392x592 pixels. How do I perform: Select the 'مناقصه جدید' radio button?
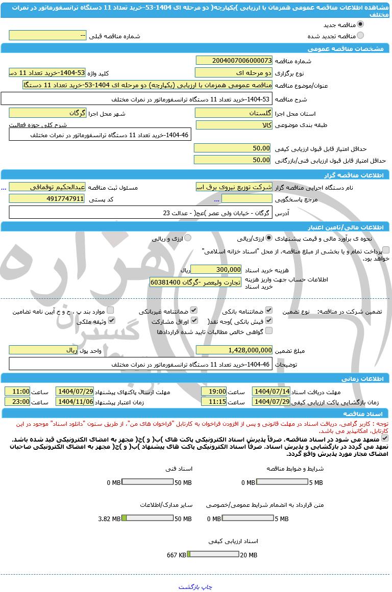tap(360, 24)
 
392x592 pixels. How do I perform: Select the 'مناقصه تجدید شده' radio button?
tap(360, 36)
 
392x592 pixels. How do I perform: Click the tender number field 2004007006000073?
tap(234, 61)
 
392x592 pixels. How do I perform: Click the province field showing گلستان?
tap(234, 113)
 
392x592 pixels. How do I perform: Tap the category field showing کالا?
tap(234, 125)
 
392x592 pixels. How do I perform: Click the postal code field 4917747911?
tap(47, 199)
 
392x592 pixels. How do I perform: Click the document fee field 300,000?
tap(216, 270)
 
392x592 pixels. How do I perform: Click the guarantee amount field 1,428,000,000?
tap(234, 350)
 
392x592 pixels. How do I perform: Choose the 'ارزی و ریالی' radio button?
tap(188, 238)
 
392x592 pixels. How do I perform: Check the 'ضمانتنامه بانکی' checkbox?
tap(269, 310)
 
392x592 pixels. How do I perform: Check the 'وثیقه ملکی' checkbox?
tap(111, 321)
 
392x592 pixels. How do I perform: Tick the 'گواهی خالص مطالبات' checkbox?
tap(269, 331)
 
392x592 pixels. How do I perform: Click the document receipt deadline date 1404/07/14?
tap(271, 392)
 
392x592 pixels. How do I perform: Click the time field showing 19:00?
tap(214, 392)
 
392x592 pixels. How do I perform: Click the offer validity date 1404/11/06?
tap(75, 402)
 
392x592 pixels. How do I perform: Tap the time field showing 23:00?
tap(17, 402)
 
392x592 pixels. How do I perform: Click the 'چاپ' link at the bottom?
tap(207, 587)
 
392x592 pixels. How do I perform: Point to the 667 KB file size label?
tap(177, 555)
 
